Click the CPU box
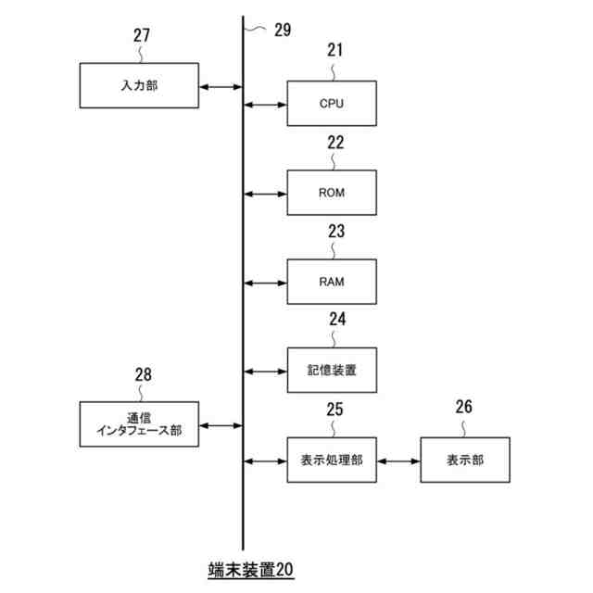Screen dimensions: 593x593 (332, 103)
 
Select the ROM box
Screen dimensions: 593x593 (332, 193)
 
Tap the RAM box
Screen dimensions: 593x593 (332, 282)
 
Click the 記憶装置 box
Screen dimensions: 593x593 (332, 372)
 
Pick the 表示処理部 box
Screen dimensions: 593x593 (332, 460)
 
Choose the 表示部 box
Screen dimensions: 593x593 (464, 460)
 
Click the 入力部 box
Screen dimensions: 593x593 (139, 85)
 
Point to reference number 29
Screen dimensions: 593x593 (282, 30)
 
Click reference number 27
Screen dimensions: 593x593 (141, 36)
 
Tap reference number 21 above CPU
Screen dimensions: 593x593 (334, 51)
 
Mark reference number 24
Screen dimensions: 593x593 (336, 320)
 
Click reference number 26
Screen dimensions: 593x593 (464, 406)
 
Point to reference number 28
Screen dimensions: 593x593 (144, 375)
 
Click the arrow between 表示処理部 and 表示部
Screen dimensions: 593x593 (398, 461)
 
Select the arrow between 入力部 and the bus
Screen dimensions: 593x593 (221, 86)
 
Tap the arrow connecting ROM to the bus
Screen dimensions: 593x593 (265, 194)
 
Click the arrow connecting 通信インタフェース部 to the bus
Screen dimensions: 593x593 (221, 425)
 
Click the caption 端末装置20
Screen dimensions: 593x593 (250, 570)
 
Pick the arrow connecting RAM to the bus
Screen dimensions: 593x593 (265, 283)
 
